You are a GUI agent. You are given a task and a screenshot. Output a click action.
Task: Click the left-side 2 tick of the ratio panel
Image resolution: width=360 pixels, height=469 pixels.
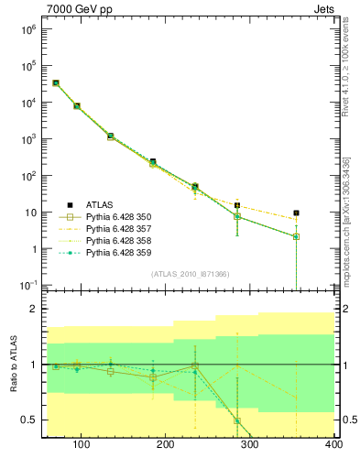[32, 309]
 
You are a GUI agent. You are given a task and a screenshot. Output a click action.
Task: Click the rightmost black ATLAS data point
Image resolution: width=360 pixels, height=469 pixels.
[296, 213]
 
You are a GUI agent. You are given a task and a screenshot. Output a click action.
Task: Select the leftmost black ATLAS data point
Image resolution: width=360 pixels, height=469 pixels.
[56, 82]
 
